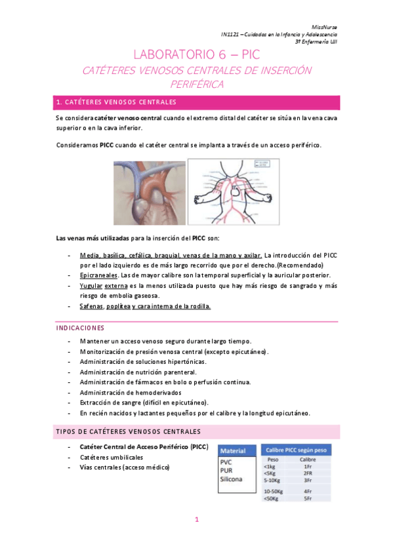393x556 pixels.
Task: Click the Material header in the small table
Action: [233, 451]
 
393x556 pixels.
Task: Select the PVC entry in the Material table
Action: [226, 461]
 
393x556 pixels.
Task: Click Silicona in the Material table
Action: [231, 479]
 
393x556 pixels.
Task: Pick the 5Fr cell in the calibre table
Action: [308, 498]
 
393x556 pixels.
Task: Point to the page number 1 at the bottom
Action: [196, 520]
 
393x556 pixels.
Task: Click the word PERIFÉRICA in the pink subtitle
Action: [197, 85]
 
